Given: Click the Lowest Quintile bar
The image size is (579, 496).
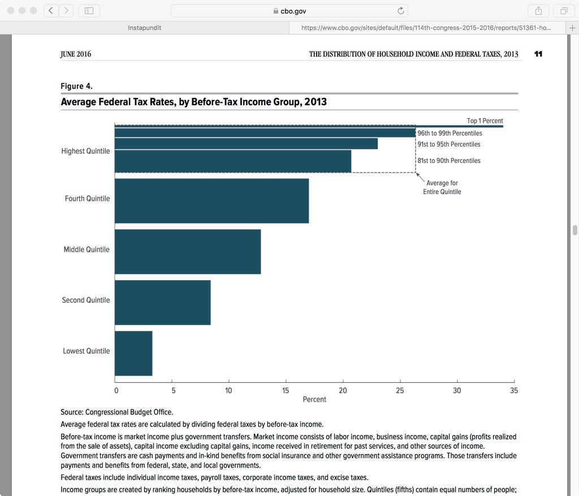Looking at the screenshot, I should (x=133, y=353).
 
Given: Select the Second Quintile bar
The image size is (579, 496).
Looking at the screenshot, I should (x=162, y=303).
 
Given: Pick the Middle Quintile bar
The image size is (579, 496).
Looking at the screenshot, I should (x=188, y=252).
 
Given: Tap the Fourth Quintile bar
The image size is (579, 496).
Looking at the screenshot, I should (x=211, y=201).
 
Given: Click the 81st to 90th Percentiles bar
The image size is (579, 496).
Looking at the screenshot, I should (x=232, y=161).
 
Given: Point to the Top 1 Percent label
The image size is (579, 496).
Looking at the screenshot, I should (x=485, y=121).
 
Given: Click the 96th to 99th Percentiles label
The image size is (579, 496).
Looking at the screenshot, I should (x=450, y=133).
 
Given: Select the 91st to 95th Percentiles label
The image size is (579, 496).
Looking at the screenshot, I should (x=448, y=145).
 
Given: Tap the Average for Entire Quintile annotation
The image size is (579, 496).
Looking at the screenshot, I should (x=442, y=188).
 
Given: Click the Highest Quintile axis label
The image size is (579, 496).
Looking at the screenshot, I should (x=85, y=152).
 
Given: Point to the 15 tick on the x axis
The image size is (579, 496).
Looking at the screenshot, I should (x=286, y=390).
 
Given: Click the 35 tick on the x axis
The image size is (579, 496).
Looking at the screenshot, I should (x=513, y=390).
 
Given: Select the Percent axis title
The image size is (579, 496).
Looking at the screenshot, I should (x=314, y=399).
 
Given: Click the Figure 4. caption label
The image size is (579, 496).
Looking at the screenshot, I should (x=76, y=86).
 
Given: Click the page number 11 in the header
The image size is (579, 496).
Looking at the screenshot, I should (x=538, y=54).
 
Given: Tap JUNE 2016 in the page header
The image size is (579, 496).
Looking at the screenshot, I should (x=76, y=54).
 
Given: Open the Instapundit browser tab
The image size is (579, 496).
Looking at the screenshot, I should (x=144, y=28).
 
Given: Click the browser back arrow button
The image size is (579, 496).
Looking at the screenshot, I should (x=51, y=11).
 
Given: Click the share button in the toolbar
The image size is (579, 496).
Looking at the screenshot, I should (x=538, y=11).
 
